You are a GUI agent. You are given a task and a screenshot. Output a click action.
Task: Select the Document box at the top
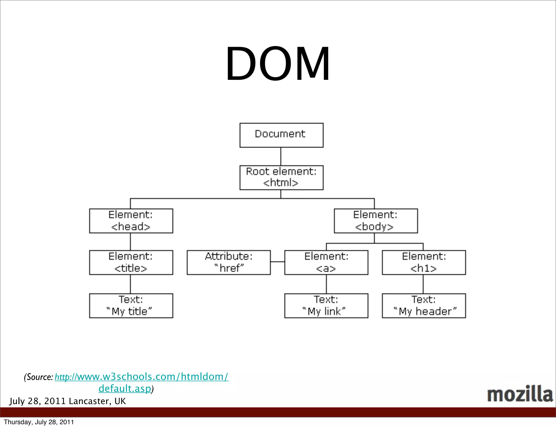point(281,135)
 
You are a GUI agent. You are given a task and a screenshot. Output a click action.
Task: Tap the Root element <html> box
point(281,177)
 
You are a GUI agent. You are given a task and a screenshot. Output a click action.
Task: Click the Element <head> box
point(131,221)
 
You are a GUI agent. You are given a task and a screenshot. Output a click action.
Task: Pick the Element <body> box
point(375,221)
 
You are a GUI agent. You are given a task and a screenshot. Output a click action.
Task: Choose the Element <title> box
point(131,262)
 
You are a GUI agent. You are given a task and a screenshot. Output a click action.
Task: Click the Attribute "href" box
point(229,262)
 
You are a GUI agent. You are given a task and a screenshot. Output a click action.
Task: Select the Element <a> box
point(326,262)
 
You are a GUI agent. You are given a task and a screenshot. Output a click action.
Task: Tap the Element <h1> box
point(424,262)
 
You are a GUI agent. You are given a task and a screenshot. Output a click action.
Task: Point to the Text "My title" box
point(131,306)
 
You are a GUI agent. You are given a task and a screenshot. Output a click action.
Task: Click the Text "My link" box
point(326,306)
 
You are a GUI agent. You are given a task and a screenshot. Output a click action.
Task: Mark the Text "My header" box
point(424,306)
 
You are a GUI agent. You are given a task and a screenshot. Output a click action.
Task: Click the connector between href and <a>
point(277,262)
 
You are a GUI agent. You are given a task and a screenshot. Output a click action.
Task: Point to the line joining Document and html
point(281,156)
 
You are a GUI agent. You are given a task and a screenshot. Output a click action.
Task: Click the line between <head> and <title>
point(130,241)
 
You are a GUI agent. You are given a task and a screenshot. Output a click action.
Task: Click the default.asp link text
point(125,389)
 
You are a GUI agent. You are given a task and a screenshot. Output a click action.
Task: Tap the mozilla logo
point(520,394)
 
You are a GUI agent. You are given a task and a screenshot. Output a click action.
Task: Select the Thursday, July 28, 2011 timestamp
point(39,422)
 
